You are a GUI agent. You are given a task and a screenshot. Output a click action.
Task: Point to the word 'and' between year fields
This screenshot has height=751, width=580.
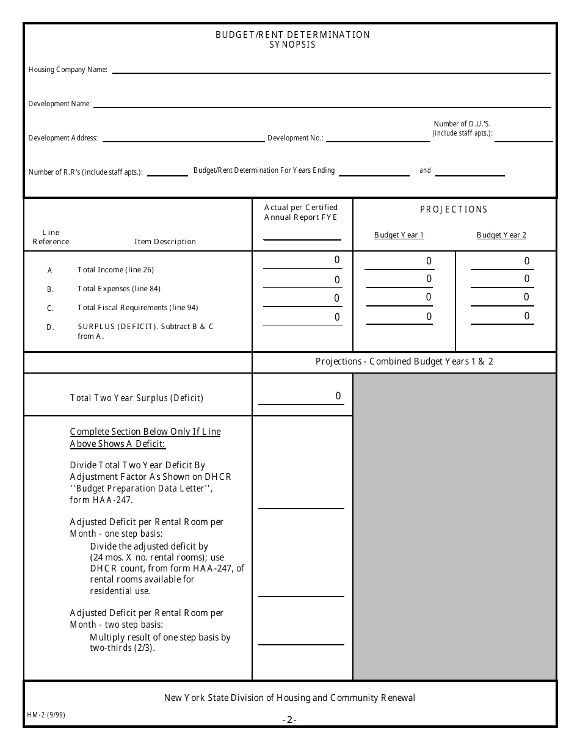pyautogui.click(x=425, y=170)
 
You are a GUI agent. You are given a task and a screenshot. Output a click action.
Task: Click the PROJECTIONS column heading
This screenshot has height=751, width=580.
pyautogui.click(x=454, y=209)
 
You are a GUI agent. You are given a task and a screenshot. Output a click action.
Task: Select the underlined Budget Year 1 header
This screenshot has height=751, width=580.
pyautogui.click(x=399, y=235)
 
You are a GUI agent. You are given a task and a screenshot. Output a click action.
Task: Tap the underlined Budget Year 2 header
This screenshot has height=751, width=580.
pyautogui.click(x=501, y=235)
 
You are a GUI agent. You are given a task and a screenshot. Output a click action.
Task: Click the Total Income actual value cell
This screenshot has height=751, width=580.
pyautogui.click(x=302, y=261)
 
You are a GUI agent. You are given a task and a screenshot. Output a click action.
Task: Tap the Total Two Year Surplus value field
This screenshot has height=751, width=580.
pyautogui.click(x=301, y=397)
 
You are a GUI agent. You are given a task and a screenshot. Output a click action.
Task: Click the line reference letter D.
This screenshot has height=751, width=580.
pyautogui.click(x=51, y=327)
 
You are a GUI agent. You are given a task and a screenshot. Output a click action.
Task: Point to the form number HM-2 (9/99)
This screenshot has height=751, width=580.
pyautogui.click(x=46, y=714)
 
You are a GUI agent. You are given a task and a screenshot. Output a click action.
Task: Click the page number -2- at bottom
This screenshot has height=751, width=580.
pyautogui.click(x=289, y=720)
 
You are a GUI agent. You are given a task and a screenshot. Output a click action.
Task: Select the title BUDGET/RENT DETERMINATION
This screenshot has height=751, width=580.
pyautogui.click(x=292, y=35)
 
